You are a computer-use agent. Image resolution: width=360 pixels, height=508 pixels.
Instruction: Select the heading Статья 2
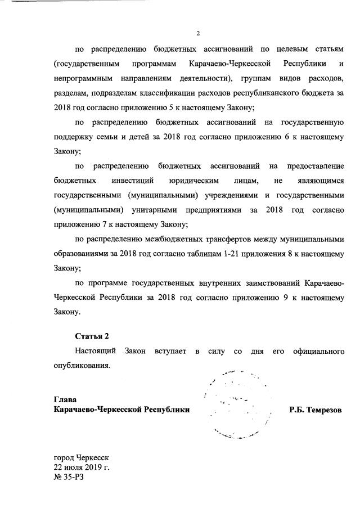pyautogui.click(x=92, y=336)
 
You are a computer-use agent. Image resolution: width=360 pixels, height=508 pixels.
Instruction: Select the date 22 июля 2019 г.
pyautogui.click(x=82, y=467)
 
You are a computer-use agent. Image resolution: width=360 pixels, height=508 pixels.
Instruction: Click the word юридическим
pyautogui.click(x=193, y=181)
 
